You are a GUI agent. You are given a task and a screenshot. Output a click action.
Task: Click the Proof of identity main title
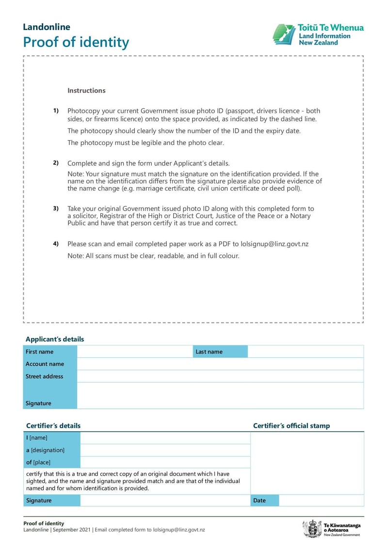point(76,42)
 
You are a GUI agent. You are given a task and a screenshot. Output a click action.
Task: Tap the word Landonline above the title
point(47,27)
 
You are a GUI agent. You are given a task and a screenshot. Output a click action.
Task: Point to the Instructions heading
point(86,91)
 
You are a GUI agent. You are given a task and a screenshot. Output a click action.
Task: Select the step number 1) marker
point(56,111)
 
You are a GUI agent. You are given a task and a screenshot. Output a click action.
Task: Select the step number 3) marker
point(56,209)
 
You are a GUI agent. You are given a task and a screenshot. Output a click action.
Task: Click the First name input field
point(134,352)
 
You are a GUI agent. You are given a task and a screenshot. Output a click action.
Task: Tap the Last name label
point(209,352)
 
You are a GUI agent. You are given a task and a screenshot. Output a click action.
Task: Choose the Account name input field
point(220,364)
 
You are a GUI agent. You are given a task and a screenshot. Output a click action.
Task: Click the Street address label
point(44,376)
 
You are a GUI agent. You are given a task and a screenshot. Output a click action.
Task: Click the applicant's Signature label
point(38,403)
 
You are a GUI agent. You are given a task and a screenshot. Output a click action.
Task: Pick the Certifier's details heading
point(53,426)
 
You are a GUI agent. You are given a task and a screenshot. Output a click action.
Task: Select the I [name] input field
point(165,438)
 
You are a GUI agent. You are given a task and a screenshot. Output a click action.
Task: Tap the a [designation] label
point(45,450)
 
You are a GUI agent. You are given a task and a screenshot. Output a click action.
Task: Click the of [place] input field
point(165,462)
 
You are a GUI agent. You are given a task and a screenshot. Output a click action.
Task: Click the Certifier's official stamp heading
point(291,426)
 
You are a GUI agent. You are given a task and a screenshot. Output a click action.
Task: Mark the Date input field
point(321,500)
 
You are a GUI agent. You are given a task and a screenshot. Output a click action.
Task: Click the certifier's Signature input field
point(165,500)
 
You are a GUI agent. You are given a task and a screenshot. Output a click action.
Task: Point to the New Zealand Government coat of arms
point(311,529)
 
